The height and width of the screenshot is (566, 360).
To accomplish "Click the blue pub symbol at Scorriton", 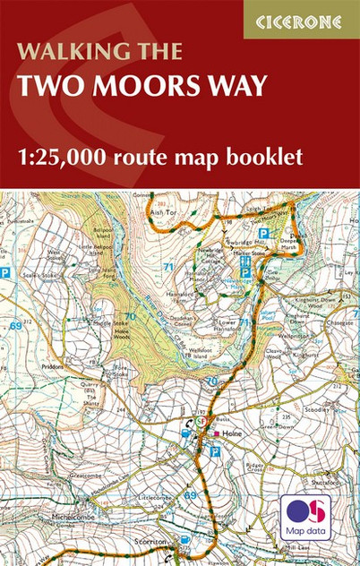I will coord(184,540).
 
